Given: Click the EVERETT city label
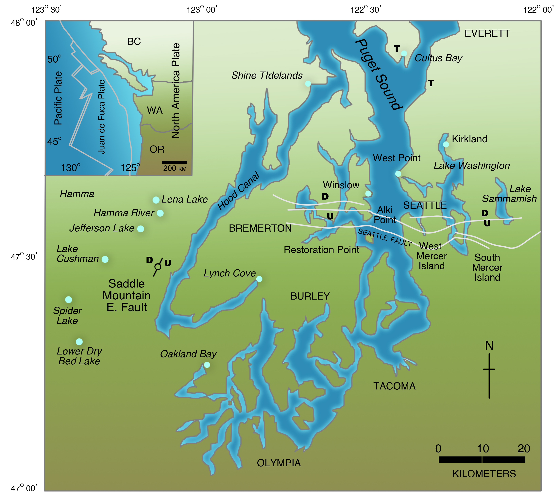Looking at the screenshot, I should click(x=487, y=33).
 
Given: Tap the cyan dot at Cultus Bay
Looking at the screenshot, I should click(x=404, y=53).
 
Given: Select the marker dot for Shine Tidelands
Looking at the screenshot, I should click(x=308, y=84).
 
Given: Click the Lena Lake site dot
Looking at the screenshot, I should click(x=156, y=200).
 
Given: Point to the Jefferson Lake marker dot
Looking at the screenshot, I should click(x=141, y=229).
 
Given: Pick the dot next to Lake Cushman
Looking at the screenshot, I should click(x=105, y=259).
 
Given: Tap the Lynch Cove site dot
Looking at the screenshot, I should click(x=259, y=279).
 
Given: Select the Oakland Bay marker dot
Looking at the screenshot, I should click(x=207, y=365).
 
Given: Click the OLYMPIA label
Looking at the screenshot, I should click(x=279, y=463).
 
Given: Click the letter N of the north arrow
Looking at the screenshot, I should click(x=489, y=346).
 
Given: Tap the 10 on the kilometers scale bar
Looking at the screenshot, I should click(x=483, y=449).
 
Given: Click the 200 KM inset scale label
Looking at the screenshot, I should click(x=175, y=168).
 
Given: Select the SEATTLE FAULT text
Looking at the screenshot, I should click(x=385, y=237).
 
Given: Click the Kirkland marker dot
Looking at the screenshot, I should click(x=446, y=144).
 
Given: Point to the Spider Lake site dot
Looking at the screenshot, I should click(x=69, y=300).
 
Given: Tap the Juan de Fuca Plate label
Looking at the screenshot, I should click(x=102, y=117).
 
